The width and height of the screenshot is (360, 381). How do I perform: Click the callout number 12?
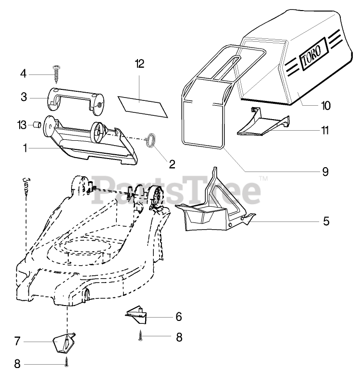(139, 64)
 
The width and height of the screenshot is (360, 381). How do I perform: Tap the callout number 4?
(23, 74)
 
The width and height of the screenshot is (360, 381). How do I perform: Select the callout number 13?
(21, 124)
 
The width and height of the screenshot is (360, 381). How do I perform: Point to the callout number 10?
(326, 106)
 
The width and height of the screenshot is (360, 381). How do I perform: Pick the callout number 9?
(325, 170)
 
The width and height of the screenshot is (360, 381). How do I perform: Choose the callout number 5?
(325, 221)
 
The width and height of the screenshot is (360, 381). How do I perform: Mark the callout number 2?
(172, 163)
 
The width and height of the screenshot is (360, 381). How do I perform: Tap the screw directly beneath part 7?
(66, 364)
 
